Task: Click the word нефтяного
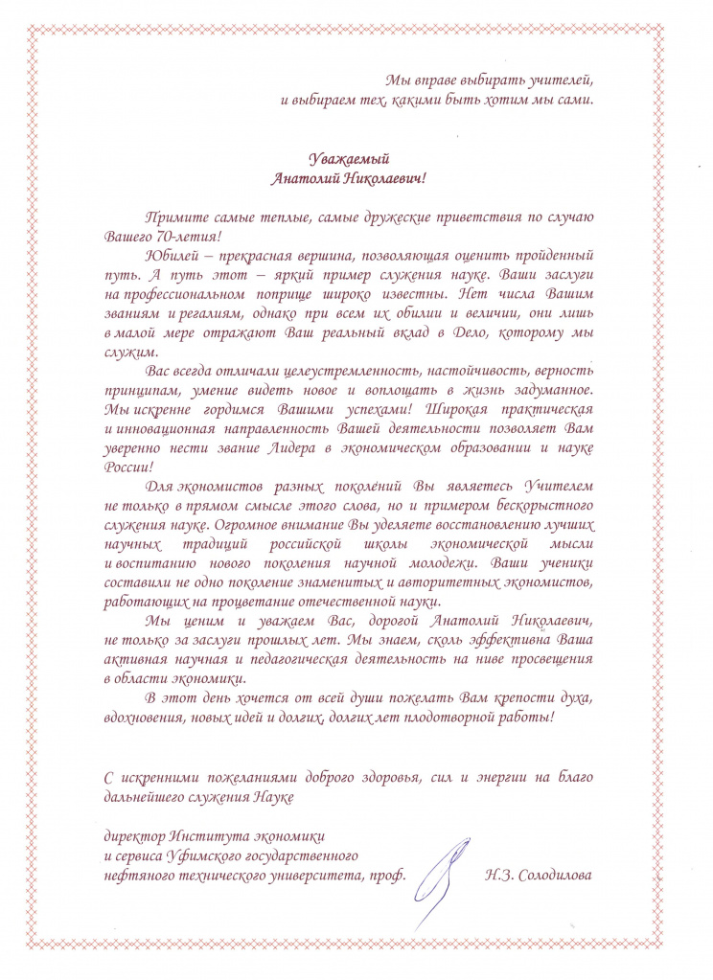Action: tap(137, 875)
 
